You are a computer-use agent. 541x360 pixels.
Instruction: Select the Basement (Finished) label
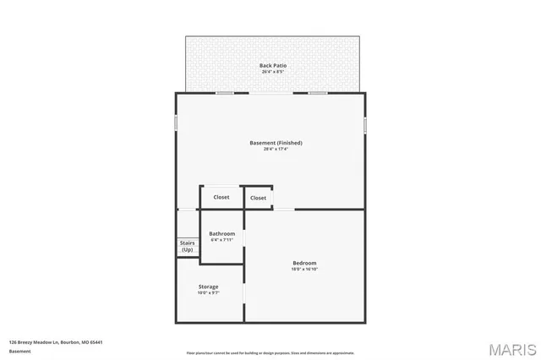pos(276,143)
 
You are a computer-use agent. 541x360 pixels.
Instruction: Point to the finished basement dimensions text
pos(276,150)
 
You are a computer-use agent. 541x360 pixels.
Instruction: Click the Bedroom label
pos(304,263)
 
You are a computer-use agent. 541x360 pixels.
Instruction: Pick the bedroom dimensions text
pos(304,270)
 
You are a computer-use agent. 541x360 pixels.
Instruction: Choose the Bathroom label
pos(221,233)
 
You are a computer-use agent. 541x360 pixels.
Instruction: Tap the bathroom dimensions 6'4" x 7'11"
pos(221,240)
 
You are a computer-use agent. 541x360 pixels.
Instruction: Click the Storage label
pos(208,286)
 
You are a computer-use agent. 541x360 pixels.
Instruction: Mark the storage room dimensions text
pos(208,293)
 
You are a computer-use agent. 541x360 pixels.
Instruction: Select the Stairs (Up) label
pos(187,246)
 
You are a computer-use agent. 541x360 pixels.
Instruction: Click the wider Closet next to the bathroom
pos(221,197)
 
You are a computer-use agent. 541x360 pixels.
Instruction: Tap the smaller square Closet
pos(258,198)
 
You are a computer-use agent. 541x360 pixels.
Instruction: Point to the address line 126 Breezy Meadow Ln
pos(56,342)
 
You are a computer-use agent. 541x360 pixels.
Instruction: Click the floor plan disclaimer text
pos(270,352)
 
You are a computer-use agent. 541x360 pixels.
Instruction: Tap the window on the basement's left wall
pos(176,123)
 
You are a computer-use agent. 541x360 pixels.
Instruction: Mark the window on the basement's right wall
pos(365,124)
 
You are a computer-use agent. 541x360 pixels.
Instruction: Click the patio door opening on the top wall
pos(270,93)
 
